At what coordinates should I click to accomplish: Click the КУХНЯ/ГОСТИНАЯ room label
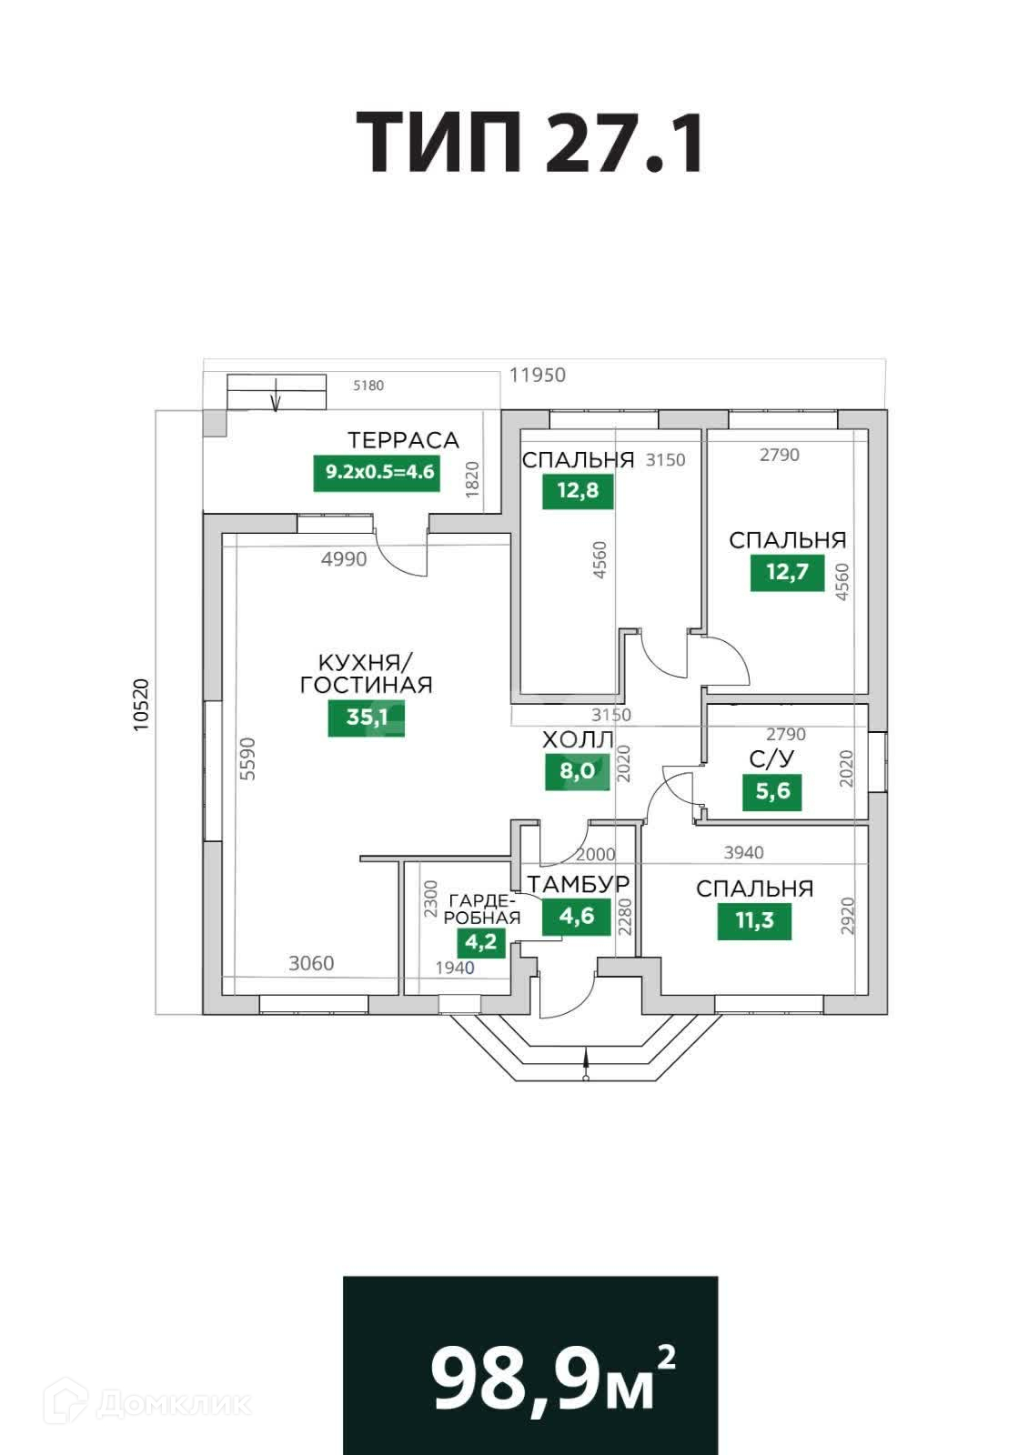pos(366,673)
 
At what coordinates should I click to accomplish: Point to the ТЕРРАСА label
pos(403,441)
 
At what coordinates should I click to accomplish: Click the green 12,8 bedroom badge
pos(578,491)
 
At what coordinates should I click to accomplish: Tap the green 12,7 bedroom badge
pos(787,573)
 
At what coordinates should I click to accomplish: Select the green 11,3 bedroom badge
pos(754,920)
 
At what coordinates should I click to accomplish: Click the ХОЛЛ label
pos(578,740)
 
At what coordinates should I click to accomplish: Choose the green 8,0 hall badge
pos(577,772)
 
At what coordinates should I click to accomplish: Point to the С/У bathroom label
pos(770,758)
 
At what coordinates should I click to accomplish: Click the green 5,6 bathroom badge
pos(772,791)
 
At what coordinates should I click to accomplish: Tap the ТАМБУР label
pos(579,884)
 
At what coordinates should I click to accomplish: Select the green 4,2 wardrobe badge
pos(481,941)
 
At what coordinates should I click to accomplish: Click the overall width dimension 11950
pos(538,375)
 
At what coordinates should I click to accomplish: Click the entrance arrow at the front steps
pos(587,1062)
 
